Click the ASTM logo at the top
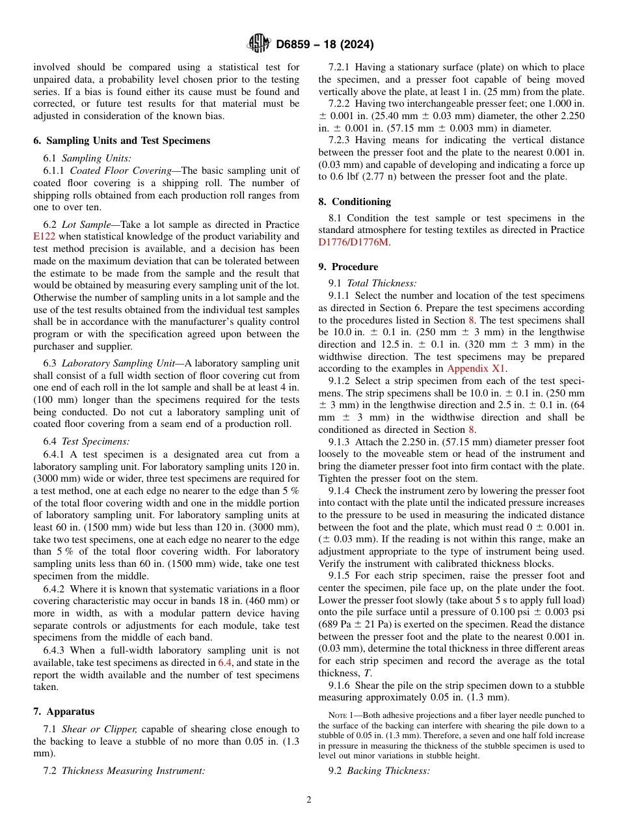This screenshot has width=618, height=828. click(258, 44)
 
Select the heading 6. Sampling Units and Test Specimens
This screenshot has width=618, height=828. click(122, 141)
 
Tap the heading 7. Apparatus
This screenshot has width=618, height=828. click(63, 711)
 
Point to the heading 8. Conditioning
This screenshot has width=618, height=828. click(355, 202)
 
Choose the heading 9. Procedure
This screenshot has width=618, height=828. click(348, 267)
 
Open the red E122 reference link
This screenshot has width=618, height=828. click(44, 236)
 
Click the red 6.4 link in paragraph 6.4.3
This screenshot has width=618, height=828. click(224, 663)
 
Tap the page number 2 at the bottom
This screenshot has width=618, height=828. click(309, 800)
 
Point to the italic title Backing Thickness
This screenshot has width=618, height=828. click(388, 771)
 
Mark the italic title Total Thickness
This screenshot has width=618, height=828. click(381, 283)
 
